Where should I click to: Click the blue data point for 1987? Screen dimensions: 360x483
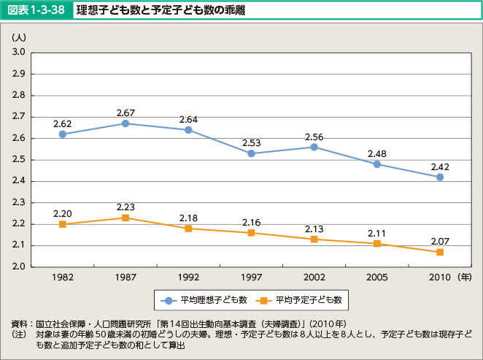pos(125,123)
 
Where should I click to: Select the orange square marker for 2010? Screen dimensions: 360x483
pos(440,252)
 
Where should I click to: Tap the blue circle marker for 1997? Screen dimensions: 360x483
pos(251,153)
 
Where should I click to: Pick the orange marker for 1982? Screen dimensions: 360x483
pos(63,224)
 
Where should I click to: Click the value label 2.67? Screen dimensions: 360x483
pos(125,112)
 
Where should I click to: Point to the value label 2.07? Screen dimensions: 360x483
pos(440,241)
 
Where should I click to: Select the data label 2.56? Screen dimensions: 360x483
pos(314,137)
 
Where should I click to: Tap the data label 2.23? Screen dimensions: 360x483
pos(125,207)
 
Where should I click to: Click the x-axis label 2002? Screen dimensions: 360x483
pos(314,278)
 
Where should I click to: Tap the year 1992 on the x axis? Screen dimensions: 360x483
pos(188,278)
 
